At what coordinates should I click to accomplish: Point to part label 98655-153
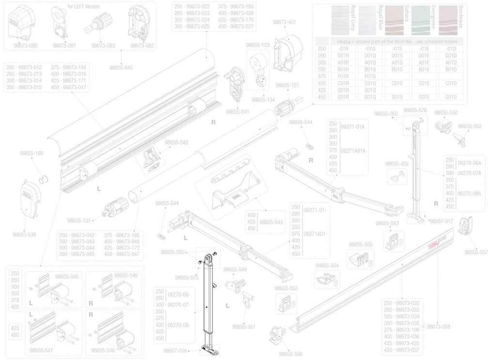click(x=257, y=45)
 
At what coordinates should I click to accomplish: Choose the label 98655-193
click(x=31, y=153)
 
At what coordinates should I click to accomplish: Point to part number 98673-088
click(x=439, y=327)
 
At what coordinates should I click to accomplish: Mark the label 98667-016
click(x=175, y=350)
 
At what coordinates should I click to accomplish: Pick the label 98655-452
click(x=398, y=164)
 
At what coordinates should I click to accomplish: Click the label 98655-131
click(x=79, y=220)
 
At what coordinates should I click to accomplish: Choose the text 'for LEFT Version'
click(x=83, y=6)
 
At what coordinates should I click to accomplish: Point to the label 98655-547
click(x=41, y=349)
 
